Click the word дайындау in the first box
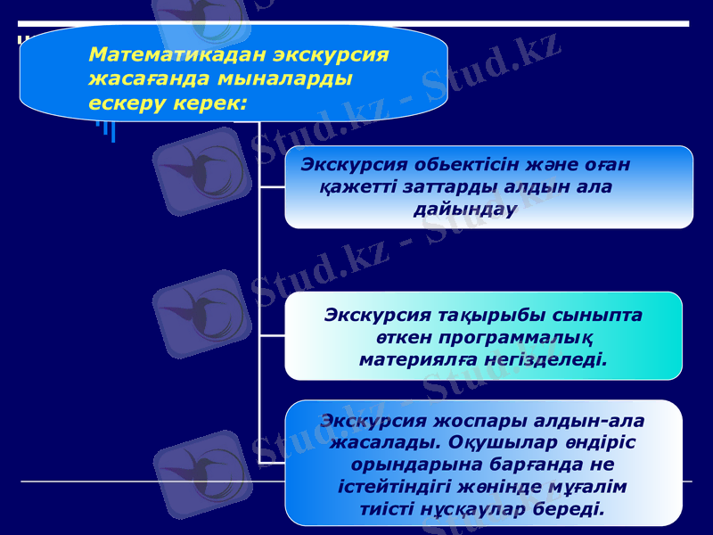464,210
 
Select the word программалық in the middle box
508,338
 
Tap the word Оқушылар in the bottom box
495,442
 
